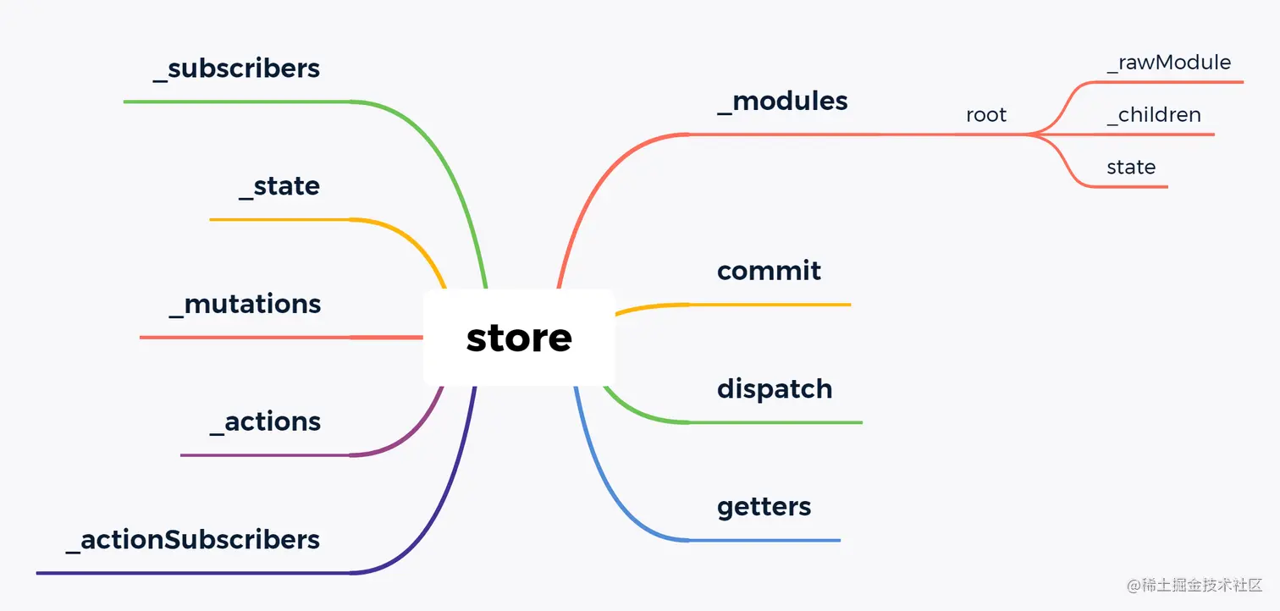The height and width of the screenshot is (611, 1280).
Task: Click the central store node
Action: [x=518, y=338]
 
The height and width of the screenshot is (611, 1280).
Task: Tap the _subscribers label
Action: [x=236, y=69]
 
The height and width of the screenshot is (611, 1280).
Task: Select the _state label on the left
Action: [x=279, y=186]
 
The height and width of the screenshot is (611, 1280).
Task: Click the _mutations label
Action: [x=245, y=304]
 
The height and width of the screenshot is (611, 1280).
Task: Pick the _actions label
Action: [x=265, y=421]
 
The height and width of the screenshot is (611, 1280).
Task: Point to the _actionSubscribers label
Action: [x=193, y=539]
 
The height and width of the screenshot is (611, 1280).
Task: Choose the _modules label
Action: [x=781, y=102]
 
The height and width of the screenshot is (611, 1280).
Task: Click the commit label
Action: [x=769, y=271]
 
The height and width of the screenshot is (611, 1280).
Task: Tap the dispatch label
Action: [x=775, y=389]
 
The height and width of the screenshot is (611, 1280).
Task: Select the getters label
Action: [x=764, y=507]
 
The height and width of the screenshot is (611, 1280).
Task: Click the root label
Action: [x=986, y=115]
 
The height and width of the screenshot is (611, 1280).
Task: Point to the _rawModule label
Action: [x=1168, y=63]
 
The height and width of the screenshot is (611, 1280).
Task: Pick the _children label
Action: [x=1153, y=115]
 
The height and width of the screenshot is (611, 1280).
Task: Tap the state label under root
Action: [x=1131, y=168]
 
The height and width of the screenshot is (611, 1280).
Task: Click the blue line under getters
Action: [x=762, y=540]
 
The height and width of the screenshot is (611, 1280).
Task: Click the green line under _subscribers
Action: [x=236, y=102]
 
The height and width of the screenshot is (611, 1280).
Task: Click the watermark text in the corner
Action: [x=1194, y=585]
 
